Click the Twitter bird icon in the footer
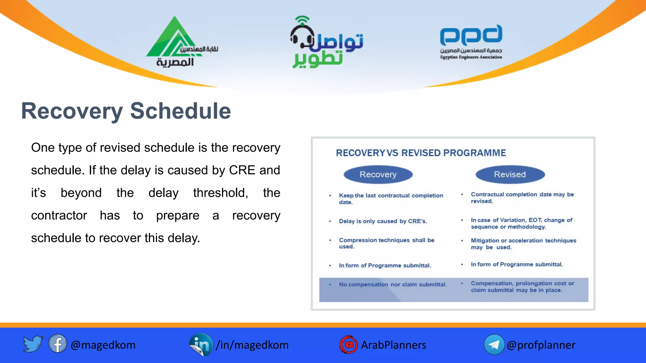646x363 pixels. click(x=33, y=344)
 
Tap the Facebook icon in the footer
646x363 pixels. click(x=58, y=344)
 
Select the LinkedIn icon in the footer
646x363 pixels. click(x=201, y=345)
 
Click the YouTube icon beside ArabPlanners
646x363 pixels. click(x=349, y=345)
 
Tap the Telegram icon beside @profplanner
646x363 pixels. click(x=494, y=345)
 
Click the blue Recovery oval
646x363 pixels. click(x=378, y=175)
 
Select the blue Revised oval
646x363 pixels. click(x=510, y=175)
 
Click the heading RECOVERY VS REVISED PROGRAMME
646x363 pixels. click(x=421, y=153)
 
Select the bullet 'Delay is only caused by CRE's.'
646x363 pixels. click(x=383, y=221)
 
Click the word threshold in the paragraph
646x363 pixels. click(x=220, y=193)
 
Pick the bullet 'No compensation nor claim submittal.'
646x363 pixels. click(x=392, y=285)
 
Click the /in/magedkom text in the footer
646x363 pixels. click(x=252, y=345)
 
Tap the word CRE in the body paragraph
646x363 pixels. click(x=242, y=170)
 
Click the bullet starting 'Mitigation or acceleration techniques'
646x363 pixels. click(x=523, y=244)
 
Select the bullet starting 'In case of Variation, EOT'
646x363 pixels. click(x=521, y=223)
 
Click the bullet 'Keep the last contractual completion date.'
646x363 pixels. click(x=391, y=199)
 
